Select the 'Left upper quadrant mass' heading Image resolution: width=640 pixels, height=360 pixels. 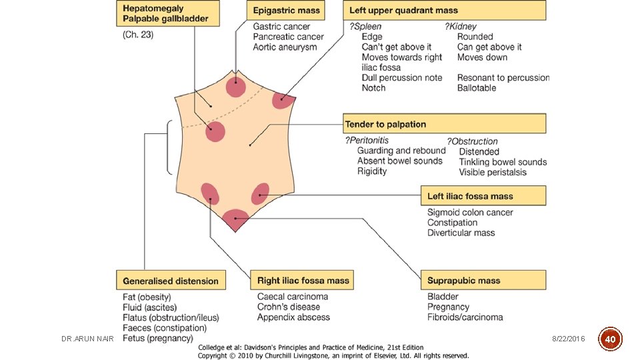(x=444, y=11)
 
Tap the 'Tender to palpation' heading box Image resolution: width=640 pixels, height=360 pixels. (x=444, y=124)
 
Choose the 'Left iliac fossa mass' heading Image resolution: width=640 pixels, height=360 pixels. (x=484, y=196)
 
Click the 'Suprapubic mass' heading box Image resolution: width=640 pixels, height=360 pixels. (x=483, y=280)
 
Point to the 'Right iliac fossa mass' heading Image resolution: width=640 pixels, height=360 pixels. (x=301, y=280)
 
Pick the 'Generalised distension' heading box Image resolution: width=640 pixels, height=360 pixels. (x=171, y=281)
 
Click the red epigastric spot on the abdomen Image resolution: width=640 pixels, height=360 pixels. (x=235, y=87)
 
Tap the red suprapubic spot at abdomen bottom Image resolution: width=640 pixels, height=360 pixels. (x=235, y=217)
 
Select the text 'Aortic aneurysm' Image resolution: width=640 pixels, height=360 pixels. (x=285, y=47)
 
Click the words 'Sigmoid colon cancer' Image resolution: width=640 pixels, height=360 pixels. (x=470, y=213)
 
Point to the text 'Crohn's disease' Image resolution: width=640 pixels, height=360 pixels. (x=289, y=307)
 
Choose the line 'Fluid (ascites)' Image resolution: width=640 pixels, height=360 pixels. (x=150, y=307)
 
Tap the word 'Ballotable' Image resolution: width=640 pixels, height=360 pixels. (x=477, y=88)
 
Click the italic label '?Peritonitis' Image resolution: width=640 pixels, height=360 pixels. (x=367, y=141)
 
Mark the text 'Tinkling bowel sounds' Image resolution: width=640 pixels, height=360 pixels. (x=503, y=162)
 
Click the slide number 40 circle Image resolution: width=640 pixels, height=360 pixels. (x=610, y=339)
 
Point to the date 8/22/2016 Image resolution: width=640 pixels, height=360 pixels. (x=568, y=339)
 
